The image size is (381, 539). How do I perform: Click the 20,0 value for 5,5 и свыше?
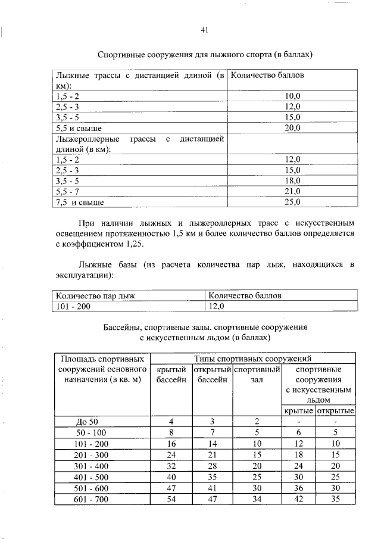[292, 127]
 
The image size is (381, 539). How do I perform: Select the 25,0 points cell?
[292, 202]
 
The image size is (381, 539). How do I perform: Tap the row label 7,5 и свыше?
[80, 202]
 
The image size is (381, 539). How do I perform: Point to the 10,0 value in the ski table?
[292, 95]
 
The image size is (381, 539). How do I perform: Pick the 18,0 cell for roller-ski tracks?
[292, 181]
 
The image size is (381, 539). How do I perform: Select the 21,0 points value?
[292, 192]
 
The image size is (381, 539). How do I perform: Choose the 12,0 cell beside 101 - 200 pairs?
[215, 306]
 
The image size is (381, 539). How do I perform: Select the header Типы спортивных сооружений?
[253, 359]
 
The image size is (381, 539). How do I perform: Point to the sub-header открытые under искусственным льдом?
[335, 412]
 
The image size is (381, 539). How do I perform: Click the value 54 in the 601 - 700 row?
[171, 499]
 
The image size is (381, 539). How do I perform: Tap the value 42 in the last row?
[299, 499]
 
